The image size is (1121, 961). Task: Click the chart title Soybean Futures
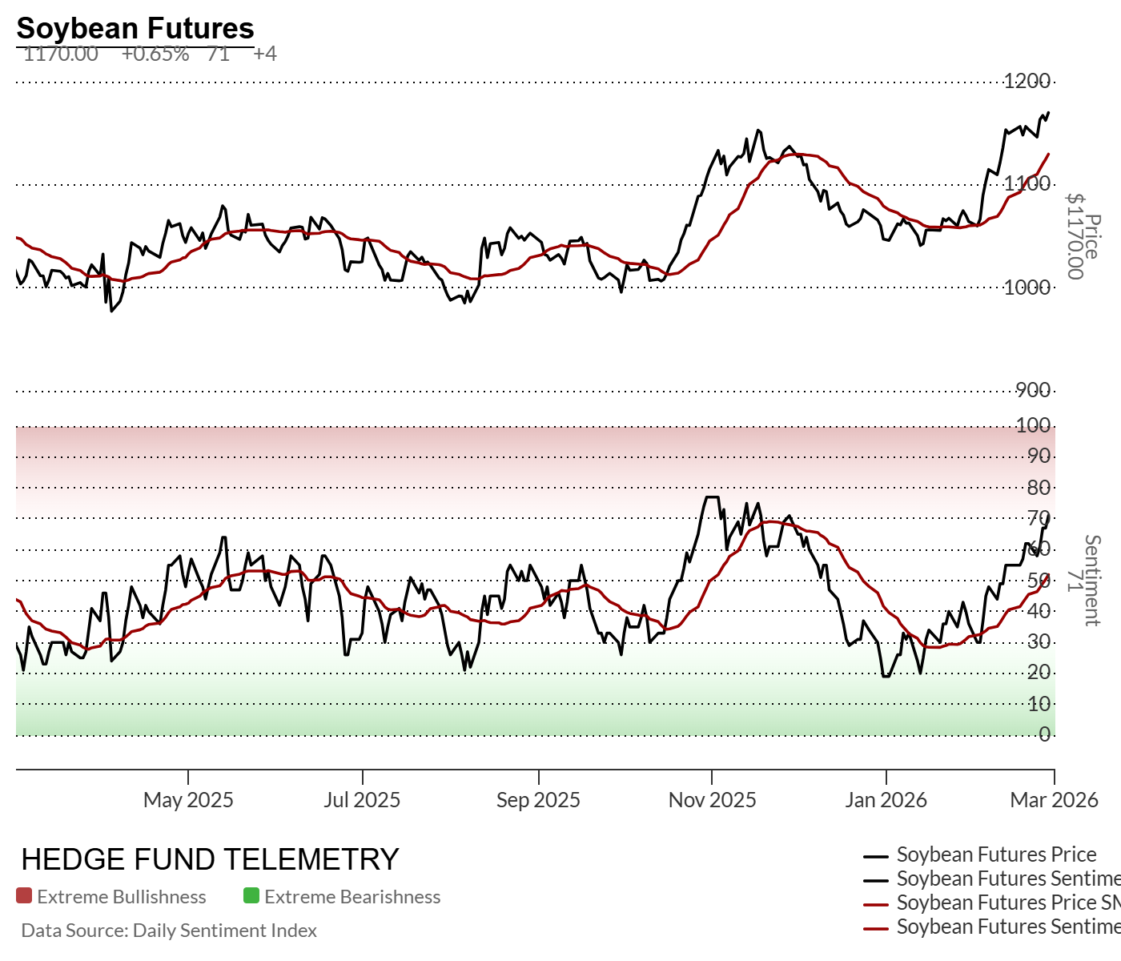[135, 28]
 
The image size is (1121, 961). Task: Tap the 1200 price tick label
[1027, 81]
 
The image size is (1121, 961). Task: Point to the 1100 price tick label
[1027, 183]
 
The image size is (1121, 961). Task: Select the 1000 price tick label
[1027, 287]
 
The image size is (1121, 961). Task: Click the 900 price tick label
[1033, 390]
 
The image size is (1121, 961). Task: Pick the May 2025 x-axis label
[188, 800]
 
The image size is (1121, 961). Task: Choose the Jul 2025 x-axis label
[362, 800]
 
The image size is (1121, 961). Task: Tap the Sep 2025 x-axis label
[538, 800]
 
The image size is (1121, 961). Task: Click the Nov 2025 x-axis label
[712, 800]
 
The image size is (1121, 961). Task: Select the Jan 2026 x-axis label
[886, 800]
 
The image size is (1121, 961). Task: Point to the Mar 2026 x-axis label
[1054, 800]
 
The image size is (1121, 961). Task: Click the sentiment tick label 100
[1033, 425]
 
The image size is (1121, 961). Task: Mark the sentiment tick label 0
[1044, 734]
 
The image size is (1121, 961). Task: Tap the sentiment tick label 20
[1039, 673]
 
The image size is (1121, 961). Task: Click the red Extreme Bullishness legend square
[24, 896]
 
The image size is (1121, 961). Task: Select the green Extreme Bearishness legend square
[251, 896]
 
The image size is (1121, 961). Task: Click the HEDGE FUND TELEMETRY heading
[210, 859]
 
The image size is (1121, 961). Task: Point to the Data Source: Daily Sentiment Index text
[169, 931]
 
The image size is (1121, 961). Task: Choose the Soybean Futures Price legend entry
[996, 854]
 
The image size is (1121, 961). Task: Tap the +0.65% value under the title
[155, 54]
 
